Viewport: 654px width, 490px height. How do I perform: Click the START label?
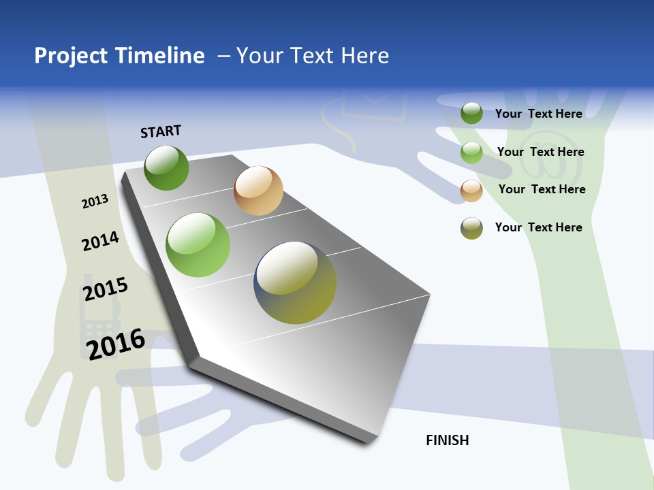(161, 131)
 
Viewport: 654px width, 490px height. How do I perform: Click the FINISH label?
(447, 440)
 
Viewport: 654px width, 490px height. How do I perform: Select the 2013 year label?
(95, 201)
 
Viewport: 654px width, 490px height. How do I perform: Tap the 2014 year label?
(100, 242)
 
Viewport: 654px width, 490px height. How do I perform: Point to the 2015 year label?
(106, 289)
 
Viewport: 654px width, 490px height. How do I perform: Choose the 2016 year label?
(116, 343)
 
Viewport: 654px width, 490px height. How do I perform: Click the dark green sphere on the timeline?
(167, 167)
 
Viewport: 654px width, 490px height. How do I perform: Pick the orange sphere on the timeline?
(258, 191)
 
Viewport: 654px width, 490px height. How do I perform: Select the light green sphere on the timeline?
(198, 245)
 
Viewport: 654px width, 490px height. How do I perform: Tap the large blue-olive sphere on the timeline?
(295, 282)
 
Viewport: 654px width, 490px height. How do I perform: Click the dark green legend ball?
(471, 113)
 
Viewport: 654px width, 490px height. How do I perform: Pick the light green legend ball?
(471, 152)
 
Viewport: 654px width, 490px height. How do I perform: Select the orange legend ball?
(471, 191)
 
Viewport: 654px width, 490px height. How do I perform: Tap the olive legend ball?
(471, 228)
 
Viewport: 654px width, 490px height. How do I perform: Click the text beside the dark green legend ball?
(538, 114)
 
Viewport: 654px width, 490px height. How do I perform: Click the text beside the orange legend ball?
(542, 189)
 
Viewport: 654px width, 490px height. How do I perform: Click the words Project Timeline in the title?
(119, 56)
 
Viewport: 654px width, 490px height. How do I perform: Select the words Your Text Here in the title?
(313, 56)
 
